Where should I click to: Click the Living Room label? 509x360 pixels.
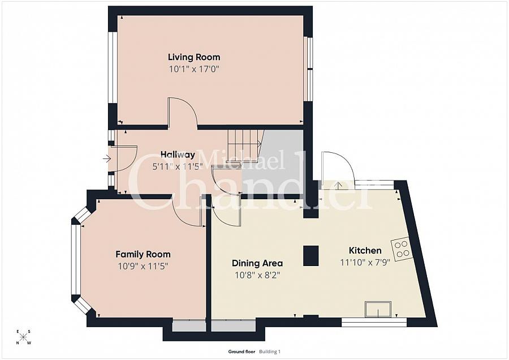(194, 57)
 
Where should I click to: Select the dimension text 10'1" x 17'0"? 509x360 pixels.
(194, 70)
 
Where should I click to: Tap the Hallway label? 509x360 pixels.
(177, 155)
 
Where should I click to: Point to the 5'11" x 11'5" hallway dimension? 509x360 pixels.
(177, 167)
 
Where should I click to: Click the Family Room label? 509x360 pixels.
(143, 254)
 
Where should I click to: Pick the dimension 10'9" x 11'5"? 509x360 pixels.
(143, 266)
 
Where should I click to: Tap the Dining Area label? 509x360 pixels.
(257, 263)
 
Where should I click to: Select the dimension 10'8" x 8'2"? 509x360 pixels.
(257, 275)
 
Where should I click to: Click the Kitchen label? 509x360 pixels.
(365, 250)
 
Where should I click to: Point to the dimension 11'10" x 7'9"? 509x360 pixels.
(365, 263)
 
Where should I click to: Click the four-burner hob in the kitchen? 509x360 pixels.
(403, 249)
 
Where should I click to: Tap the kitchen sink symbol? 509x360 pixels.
(378, 310)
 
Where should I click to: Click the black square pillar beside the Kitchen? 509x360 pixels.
(311, 255)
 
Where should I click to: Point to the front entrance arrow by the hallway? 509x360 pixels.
(107, 159)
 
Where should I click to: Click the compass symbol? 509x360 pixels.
(24, 337)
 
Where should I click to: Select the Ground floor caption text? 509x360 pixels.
(242, 352)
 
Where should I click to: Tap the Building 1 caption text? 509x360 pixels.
(270, 352)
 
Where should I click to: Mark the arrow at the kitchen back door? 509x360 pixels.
(338, 185)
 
